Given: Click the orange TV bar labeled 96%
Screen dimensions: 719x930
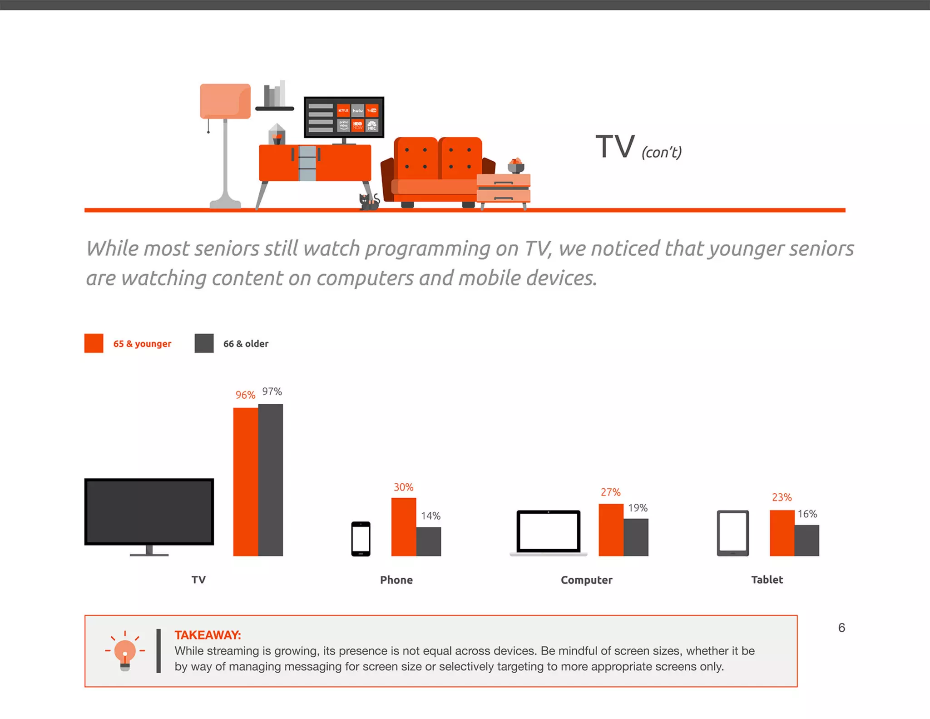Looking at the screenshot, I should click(x=245, y=481).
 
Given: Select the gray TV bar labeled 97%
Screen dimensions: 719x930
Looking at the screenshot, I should click(x=271, y=480).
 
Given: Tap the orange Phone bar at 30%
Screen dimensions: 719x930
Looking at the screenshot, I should click(x=404, y=527).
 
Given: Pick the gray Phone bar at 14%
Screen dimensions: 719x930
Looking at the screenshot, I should click(x=429, y=541).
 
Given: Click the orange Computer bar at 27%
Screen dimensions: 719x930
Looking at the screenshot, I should click(x=611, y=530).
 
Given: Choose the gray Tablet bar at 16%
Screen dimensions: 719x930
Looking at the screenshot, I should click(x=807, y=540).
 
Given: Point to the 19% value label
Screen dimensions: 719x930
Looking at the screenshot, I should click(x=638, y=508).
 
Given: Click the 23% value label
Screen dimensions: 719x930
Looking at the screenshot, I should click(x=782, y=497).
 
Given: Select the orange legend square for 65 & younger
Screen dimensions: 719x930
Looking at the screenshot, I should click(x=94, y=343).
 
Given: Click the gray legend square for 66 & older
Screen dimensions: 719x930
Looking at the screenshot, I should click(x=204, y=343).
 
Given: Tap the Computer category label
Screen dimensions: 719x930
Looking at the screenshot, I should click(x=586, y=580).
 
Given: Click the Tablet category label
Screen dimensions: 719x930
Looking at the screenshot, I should click(x=767, y=580).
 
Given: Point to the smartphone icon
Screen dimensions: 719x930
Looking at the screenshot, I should click(x=361, y=539).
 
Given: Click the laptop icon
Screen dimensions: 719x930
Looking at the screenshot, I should click(x=549, y=532).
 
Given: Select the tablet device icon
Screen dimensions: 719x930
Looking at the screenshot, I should click(x=732, y=533).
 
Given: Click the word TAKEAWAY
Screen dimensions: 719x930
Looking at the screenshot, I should click(x=208, y=635).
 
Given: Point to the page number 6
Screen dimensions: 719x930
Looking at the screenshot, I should click(x=841, y=628).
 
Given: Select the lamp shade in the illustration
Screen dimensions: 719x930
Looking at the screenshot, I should click(x=225, y=101).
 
